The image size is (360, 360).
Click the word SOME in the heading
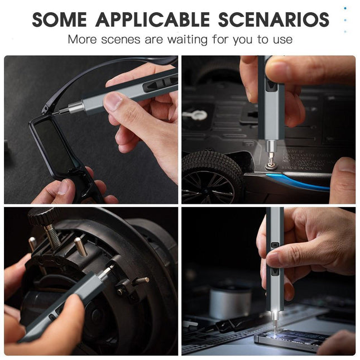[60, 20]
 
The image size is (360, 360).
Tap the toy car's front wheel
[211, 177]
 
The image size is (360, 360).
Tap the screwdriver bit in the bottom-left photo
[106, 271]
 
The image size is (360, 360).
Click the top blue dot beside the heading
[345, 8]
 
